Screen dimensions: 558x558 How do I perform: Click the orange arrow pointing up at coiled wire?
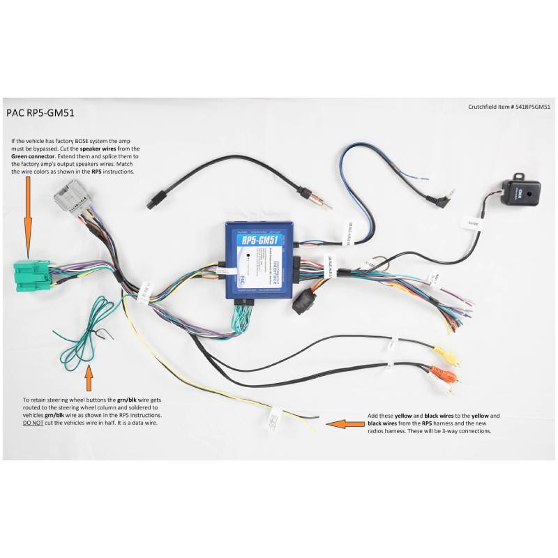(89, 377)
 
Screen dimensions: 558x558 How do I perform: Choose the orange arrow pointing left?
(343, 422)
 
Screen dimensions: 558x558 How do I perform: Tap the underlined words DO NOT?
(33, 423)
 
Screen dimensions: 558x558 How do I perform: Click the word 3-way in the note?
(460, 431)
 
